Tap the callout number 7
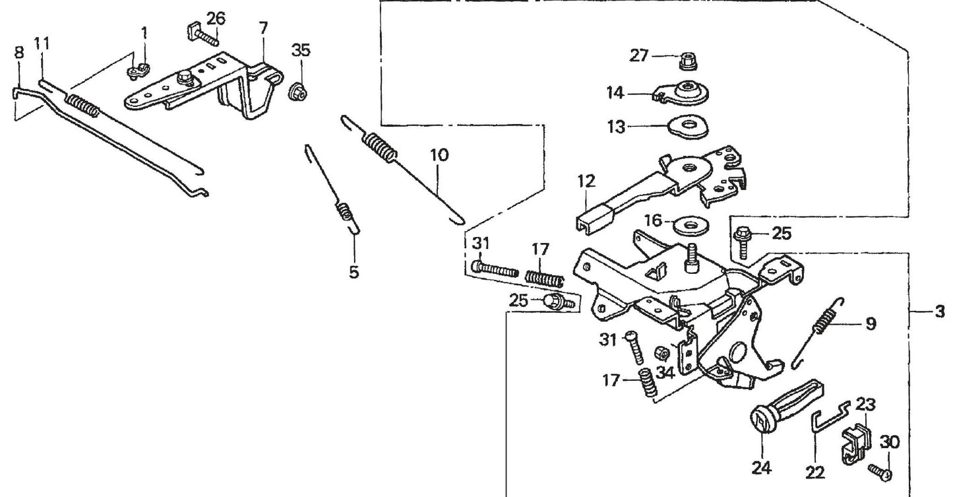pyautogui.click(x=263, y=29)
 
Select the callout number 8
pyautogui.click(x=18, y=52)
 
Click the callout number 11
pyautogui.click(x=42, y=44)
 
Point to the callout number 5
pyautogui.click(x=354, y=272)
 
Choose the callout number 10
pyautogui.click(x=439, y=155)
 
